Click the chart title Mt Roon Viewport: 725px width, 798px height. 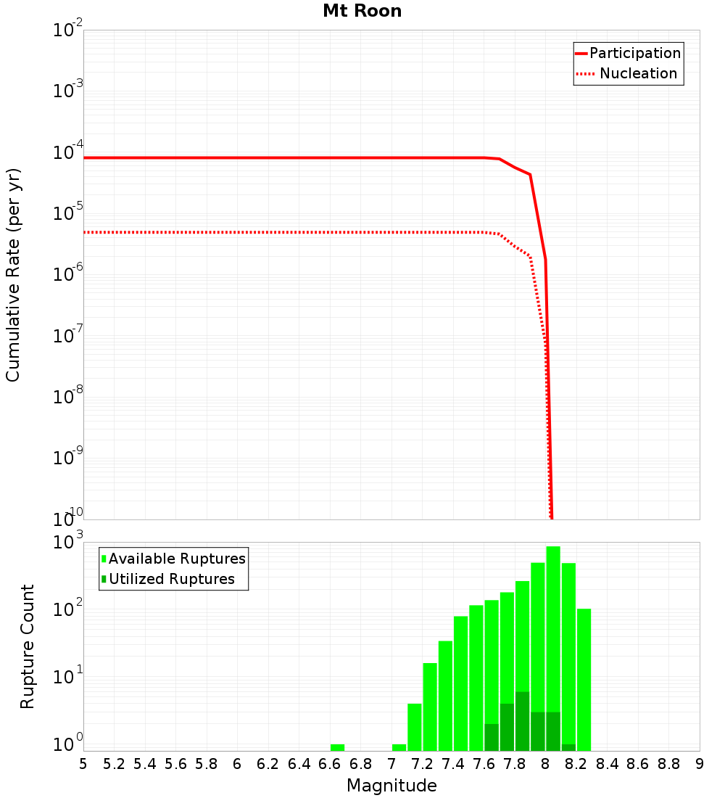[x=362, y=11]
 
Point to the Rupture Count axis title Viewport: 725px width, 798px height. [x=28, y=646]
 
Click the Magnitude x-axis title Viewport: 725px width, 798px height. [x=391, y=786]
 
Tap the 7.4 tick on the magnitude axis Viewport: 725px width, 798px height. [x=453, y=763]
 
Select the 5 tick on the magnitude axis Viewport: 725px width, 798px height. [x=83, y=763]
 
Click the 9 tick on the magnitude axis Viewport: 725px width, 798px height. [x=700, y=763]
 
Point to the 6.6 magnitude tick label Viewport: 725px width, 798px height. [x=330, y=763]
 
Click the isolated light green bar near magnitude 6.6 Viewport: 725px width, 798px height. [x=337, y=747]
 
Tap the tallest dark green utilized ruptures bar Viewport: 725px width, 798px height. [x=522, y=721]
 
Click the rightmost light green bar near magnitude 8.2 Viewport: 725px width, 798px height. [x=584, y=679]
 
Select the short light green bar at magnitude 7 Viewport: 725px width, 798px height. [x=399, y=747]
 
